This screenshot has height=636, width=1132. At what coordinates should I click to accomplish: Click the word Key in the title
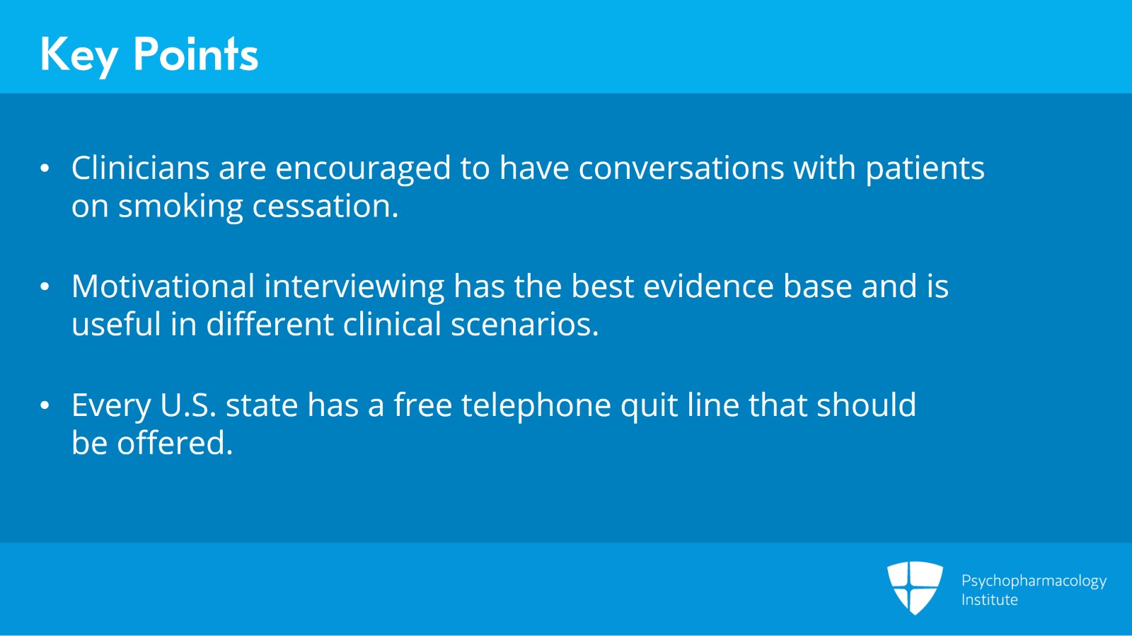pos(78,55)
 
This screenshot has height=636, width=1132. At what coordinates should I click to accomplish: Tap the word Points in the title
pos(196,54)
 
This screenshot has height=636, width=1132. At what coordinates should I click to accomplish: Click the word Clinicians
pos(140,168)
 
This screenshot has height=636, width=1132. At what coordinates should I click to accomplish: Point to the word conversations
pos(681,168)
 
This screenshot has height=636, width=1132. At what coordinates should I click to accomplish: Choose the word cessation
pos(325,207)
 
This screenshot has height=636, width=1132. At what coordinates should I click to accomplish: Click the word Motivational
pos(163,287)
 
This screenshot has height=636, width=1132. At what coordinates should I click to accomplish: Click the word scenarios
pos(524,325)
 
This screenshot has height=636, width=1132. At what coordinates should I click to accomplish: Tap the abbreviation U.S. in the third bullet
pos(187,405)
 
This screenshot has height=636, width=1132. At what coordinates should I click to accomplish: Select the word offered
pos(175,444)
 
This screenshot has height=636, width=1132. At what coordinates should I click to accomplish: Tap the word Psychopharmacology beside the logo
pos(1034,582)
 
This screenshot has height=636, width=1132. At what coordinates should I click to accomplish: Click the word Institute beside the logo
pos(989,600)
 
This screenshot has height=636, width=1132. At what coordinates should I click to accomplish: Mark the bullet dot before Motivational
pos(45,287)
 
